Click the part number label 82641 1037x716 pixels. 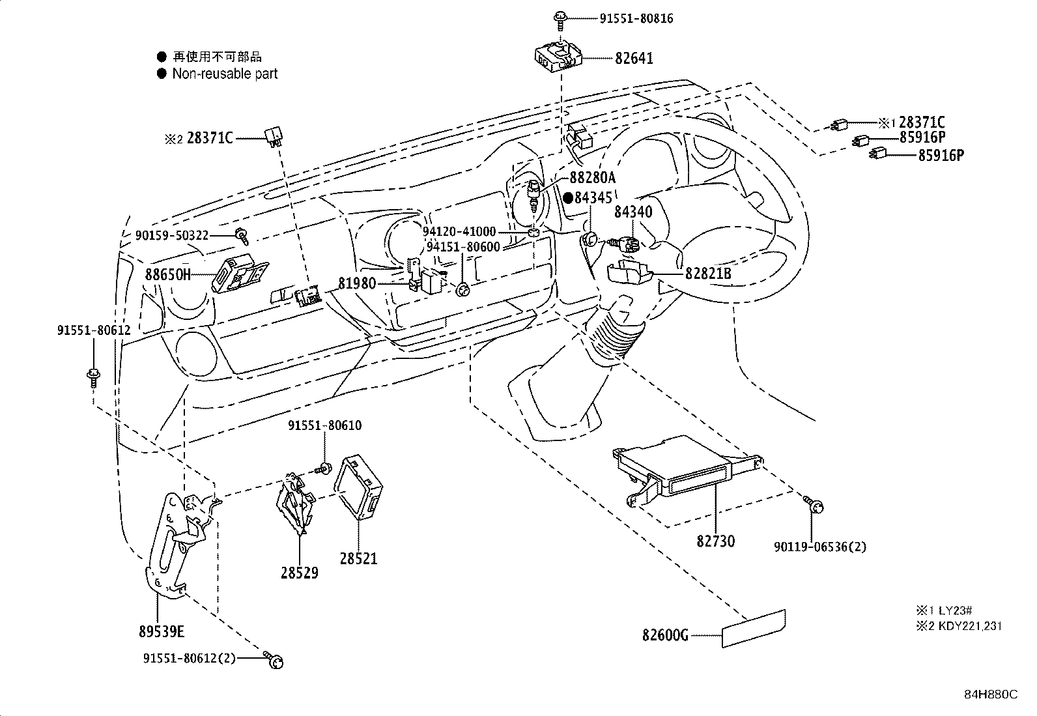(x=634, y=59)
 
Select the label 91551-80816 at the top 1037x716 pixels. (x=636, y=19)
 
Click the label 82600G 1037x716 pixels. (x=665, y=635)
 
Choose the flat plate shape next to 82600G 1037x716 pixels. (x=754, y=629)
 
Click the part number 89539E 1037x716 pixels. (x=161, y=631)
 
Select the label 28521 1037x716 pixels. (x=358, y=558)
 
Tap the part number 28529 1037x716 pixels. (x=300, y=573)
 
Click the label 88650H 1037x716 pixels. (x=168, y=274)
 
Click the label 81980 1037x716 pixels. (x=356, y=283)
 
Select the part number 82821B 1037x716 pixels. (x=708, y=274)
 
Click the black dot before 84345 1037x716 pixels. (x=568, y=197)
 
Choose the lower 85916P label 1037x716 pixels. (x=941, y=155)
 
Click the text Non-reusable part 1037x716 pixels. (x=225, y=74)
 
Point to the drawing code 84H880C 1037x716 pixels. (x=990, y=694)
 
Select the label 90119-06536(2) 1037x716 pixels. (x=820, y=547)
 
